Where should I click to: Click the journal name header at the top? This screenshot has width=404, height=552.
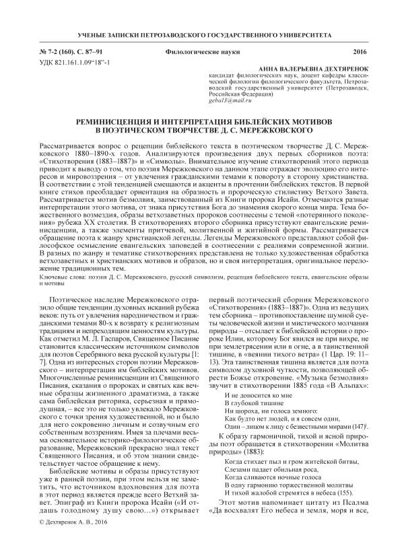click(x=202, y=34)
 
